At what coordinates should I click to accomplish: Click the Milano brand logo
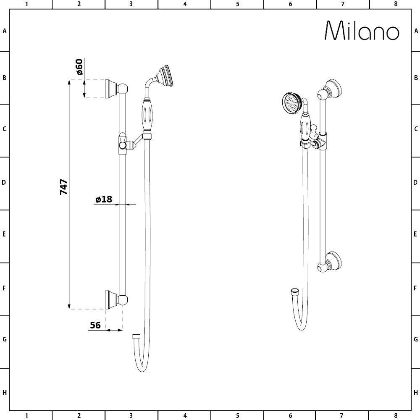(x=362, y=31)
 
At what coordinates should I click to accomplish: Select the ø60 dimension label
(x=79, y=67)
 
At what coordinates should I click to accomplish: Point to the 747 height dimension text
(x=63, y=187)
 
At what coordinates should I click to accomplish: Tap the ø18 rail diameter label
(x=104, y=199)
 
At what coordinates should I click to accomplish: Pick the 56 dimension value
(x=95, y=325)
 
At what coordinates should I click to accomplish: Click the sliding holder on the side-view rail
(x=123, y=143)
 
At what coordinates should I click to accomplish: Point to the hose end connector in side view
(x=136, y=336)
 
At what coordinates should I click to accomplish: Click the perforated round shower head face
(x=290, y=102)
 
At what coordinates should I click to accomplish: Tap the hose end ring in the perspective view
(x=295, y=291)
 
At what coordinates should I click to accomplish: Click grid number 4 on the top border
(x=185, y=4)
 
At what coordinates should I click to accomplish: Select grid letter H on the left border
(x=4, y=393)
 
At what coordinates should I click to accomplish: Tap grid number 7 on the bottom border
(x=343, y=416)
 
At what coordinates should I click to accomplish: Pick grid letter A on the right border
(x=416, y=31)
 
